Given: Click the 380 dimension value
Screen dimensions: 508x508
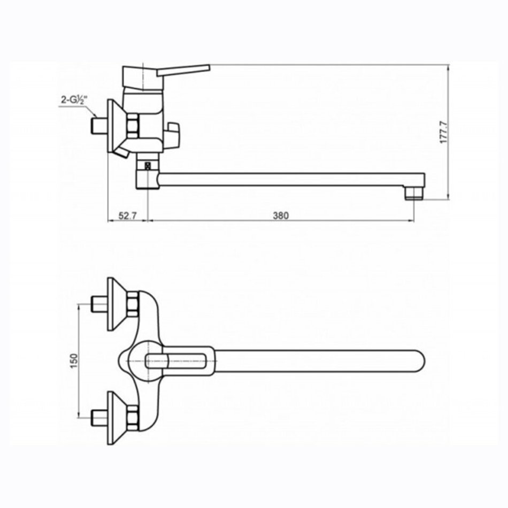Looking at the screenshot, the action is (x=281, y=215).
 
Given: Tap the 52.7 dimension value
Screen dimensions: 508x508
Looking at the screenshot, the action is (x=127, y=215).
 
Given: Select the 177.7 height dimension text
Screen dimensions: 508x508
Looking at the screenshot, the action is (x=443, y=132).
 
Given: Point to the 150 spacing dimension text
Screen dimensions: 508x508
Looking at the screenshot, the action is (x=74, y=361).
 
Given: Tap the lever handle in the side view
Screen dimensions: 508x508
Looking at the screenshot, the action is (x=183, y=70).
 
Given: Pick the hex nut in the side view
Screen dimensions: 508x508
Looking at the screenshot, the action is (x=133, y=126).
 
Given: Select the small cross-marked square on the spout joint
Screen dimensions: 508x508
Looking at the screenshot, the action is (x=148, y=166).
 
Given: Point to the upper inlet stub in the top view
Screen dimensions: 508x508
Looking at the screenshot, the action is (x=99, y=304).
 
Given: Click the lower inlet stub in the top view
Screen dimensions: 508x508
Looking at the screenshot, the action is (x=99, y=418).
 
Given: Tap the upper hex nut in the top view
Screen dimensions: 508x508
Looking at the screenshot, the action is (x=133, y=304).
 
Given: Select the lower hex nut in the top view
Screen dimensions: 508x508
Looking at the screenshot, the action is (x=133, y=418).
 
